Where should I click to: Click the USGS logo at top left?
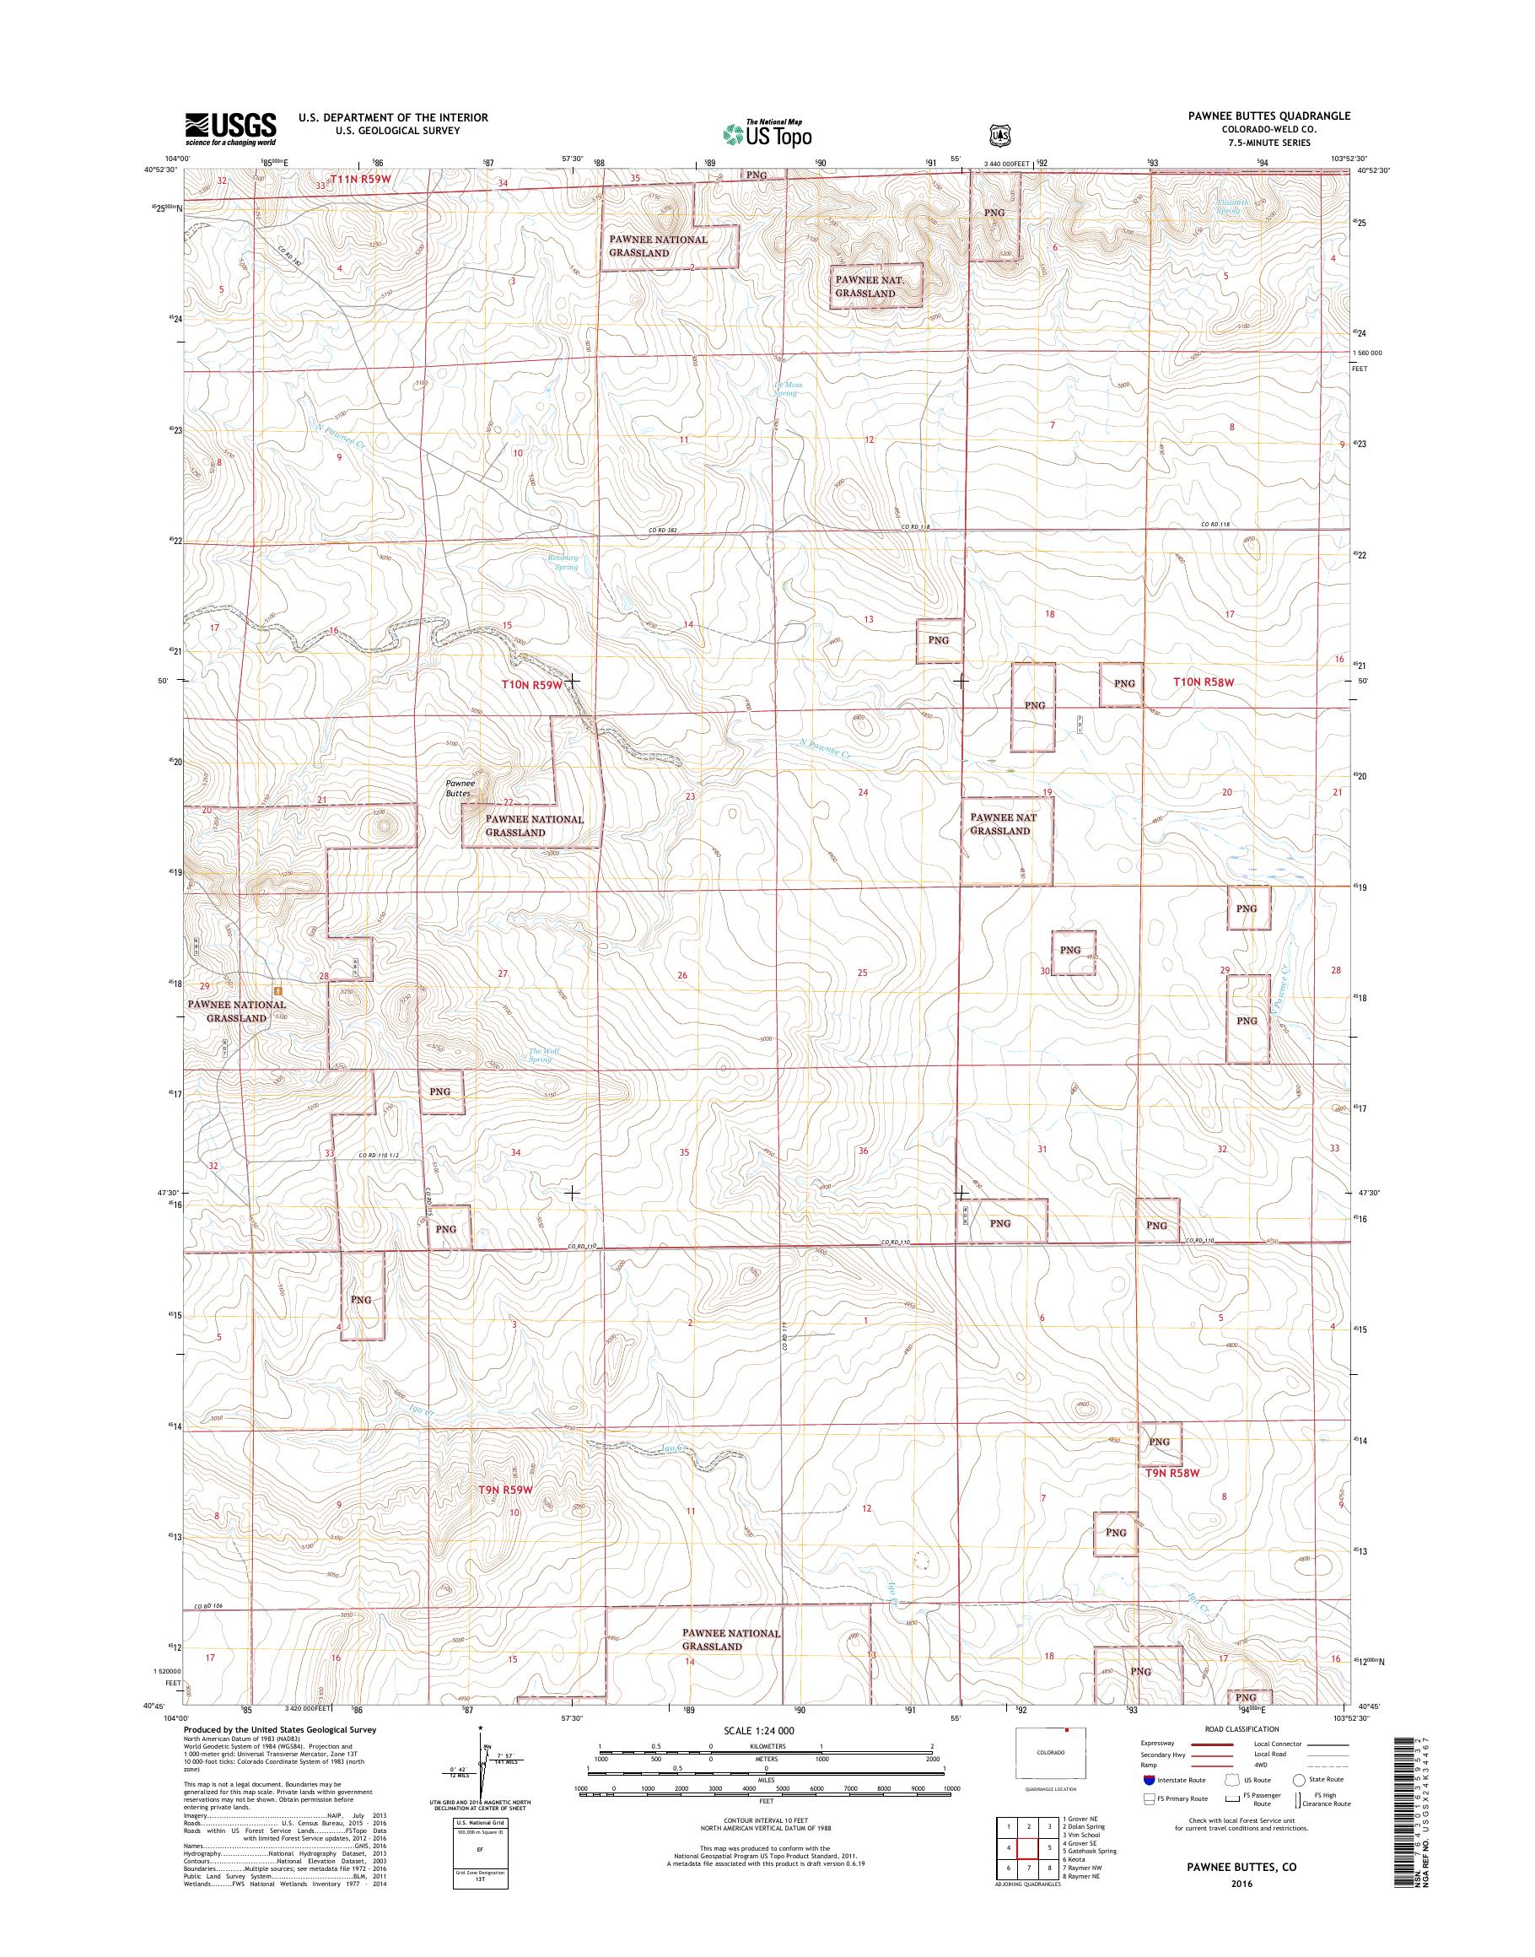tap(230, 128)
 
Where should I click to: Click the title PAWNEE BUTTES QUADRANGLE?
tap(1273, 117)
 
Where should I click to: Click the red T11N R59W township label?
tap(362, 179)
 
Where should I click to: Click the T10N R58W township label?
tap(1204, 682)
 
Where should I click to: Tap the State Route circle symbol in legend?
tap(1299, 1779)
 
